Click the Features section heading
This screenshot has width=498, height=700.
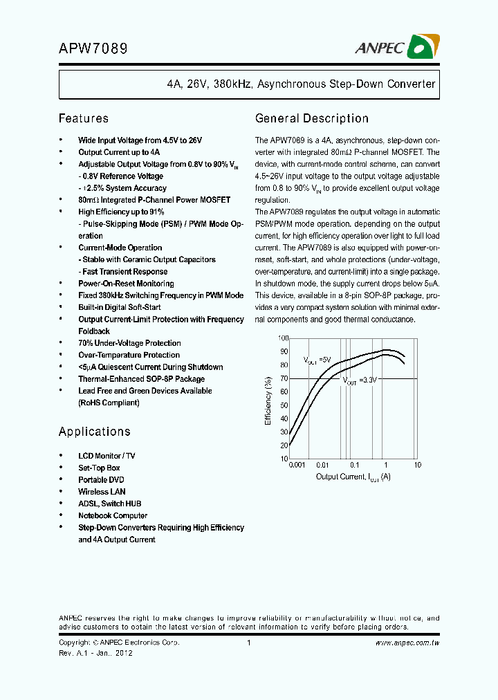[x=84, y=118]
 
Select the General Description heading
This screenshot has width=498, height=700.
[x=312, y=118]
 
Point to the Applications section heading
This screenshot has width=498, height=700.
[x=95, y=432]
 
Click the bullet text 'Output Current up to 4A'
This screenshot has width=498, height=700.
[x=119, y=152]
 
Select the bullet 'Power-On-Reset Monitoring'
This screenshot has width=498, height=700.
[x=126, y=284]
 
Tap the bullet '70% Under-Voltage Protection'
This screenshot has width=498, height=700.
[x=129, y=343]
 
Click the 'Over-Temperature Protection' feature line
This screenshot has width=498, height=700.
[x=129, y=355]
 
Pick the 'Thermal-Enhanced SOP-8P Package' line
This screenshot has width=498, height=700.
[x=141, y=379]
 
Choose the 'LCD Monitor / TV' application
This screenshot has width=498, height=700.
[x=107, y=457]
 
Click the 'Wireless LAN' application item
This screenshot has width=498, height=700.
[x=102, y=492]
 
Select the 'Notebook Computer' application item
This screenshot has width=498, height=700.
[x=113, y=515]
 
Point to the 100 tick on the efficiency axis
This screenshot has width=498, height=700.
[x=283, y=338]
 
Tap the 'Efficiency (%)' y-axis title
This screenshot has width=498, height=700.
[x=268, y=400]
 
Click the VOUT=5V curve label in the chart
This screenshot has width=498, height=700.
[x=317, y=360]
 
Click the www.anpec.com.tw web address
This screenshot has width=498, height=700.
[x=407, y=643]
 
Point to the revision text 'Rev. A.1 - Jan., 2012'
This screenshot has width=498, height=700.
[x=95, y=653]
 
